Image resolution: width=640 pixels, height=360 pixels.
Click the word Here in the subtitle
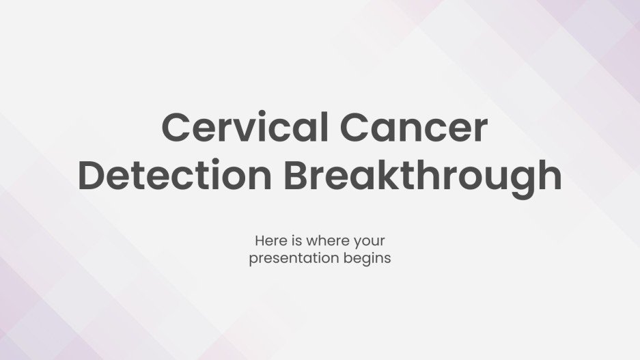[x=268, y=241]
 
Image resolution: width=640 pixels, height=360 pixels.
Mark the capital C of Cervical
[x=176, y=128]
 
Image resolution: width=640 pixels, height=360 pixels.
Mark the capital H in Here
[x=260, y=241]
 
